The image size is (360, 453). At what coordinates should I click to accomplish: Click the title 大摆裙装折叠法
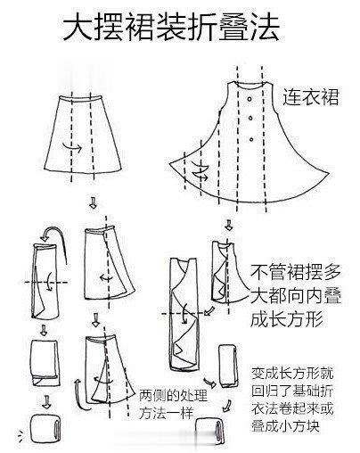pyautogui.click(x=171, y=27)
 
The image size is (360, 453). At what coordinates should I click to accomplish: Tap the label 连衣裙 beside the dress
pyautogui.click(x=310, y=96)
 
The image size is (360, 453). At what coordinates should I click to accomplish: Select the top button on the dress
pyautogui.click(x=250, y=99)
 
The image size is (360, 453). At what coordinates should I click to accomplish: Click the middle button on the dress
pyautogui.click(x=251, y=118)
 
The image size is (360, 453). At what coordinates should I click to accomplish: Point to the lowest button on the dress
pyautogui.click(x=251, y=139)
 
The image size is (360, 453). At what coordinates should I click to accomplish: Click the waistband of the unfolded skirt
pyautogui.click(x=80, y=98)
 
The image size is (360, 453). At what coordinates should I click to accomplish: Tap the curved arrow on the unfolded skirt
pyautogui.click(x=72, y=147)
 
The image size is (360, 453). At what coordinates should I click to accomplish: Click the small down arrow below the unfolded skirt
pyautogui.click(x=93, y=202)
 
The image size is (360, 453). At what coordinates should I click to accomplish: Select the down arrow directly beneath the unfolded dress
pyautogui.click(x=228, y=225)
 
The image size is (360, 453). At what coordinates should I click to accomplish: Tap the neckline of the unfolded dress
pyautogui.click(x=250, y=85)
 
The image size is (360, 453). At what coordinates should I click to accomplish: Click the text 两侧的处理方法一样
pyautogui.click(x=173, y=404)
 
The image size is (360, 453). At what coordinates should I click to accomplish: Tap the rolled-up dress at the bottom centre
pyautogui.click(x=209, y=432)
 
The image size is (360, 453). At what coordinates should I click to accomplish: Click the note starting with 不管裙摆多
pyautogui.click(x=295, y=296)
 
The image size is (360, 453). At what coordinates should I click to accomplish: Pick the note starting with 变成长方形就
pyautogui.click(x=292, y=399)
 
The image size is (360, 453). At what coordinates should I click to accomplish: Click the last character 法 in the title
pyautogui.click(x=265, y=27)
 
